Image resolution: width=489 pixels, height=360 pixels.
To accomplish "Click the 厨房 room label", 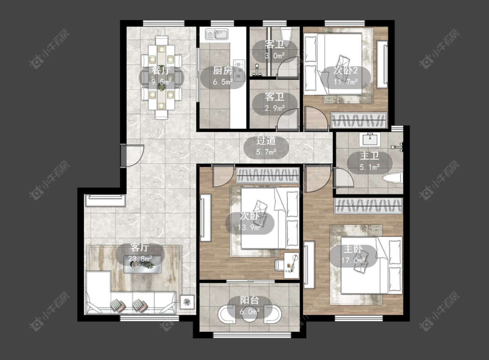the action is click(x=223, y=71).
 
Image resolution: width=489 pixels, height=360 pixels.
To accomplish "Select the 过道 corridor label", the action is click(x=266, y=141).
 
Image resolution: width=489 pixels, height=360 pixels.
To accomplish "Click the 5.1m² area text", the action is click(x=369, y=167).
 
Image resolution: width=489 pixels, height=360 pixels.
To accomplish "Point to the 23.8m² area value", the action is click(x=140, y=259).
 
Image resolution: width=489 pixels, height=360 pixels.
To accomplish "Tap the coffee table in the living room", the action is click(x=143, y=264).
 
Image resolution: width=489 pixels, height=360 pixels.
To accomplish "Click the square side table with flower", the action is click(x=187, y=302).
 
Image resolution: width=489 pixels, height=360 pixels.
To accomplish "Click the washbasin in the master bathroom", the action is click(x=370, y=140).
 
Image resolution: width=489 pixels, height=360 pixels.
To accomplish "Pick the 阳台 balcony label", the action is click(x=249, y=300).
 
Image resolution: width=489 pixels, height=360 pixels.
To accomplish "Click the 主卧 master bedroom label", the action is click(x=353, y=249).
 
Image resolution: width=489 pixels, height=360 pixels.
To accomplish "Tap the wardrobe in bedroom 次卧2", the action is click(x=359, y=120).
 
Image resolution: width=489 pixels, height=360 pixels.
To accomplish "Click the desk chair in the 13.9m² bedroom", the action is click(x=280, y=265).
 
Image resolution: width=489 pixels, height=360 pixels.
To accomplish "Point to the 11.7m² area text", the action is click(x=346, y=82).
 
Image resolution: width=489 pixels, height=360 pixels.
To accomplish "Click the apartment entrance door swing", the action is click(x=133, y=155).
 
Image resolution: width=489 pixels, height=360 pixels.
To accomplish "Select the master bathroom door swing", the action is click(x=343, y=177).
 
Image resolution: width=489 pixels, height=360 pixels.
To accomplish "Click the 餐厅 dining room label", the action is click(x=161, y=70).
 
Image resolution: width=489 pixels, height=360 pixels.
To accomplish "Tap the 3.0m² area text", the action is click(x=275, y=56).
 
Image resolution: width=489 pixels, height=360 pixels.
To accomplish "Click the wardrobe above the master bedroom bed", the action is click(x=369, y=206).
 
